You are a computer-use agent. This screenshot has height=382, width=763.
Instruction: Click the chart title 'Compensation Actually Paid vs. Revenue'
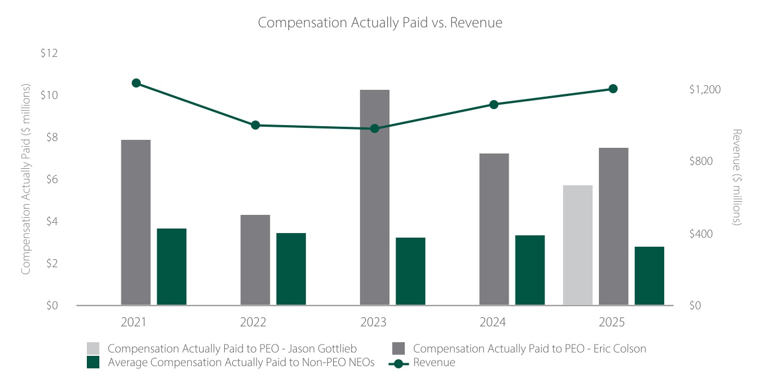pyautogui.click(x=380, y=23)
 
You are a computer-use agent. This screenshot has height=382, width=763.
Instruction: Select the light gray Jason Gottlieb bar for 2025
pyautogui.click(x=578, y=245)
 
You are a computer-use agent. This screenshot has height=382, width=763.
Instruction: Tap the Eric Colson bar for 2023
pyautogui.click(x=375, y=197)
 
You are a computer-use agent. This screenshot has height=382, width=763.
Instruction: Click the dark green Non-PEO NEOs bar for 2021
pyautogui.click(x=171, y=267)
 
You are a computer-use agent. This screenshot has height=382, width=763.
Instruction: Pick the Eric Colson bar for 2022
pyautogui.click(x=255, y=260)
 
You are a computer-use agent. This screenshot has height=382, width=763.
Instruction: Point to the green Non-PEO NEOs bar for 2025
pyautogui.click(x=649, y=276)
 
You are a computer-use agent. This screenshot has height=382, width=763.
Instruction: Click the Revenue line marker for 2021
pyautogui.click(x=136, y=83)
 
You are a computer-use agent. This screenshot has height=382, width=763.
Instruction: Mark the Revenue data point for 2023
pyautogui.click(x=375, y=128)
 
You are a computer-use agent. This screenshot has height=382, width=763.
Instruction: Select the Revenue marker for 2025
pyautogui.click(x=613, y=89)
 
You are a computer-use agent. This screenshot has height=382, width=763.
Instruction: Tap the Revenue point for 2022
pyautogui.click(x=255, y=125)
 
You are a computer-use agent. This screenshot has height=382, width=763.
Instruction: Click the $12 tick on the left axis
pyautogui.click(x=49, y=53)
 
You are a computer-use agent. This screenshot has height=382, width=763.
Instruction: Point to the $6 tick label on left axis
pyautogui.click(x=52, y=179)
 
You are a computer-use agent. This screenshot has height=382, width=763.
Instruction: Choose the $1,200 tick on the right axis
pyautogui.click(x=705, y=89)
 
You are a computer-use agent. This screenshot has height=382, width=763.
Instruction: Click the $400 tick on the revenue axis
pyautogui.click(x=701, y=234)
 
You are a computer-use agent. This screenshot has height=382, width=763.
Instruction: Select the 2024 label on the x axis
pyautogui.click(x=493, y=322)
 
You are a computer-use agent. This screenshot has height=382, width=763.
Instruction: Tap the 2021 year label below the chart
pyautogui.click(x=133, y=322)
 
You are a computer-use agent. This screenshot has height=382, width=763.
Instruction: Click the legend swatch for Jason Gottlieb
pyautogui.click(x=93, y=348)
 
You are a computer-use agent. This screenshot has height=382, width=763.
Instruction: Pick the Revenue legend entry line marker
pyautogui.click(x=399, y=364)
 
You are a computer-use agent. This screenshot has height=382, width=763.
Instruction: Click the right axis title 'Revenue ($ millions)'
pyautogui.click(x=736, y=177)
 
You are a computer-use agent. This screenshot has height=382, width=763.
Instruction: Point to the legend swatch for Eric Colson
pyautogui.click(x=399, y=348)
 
